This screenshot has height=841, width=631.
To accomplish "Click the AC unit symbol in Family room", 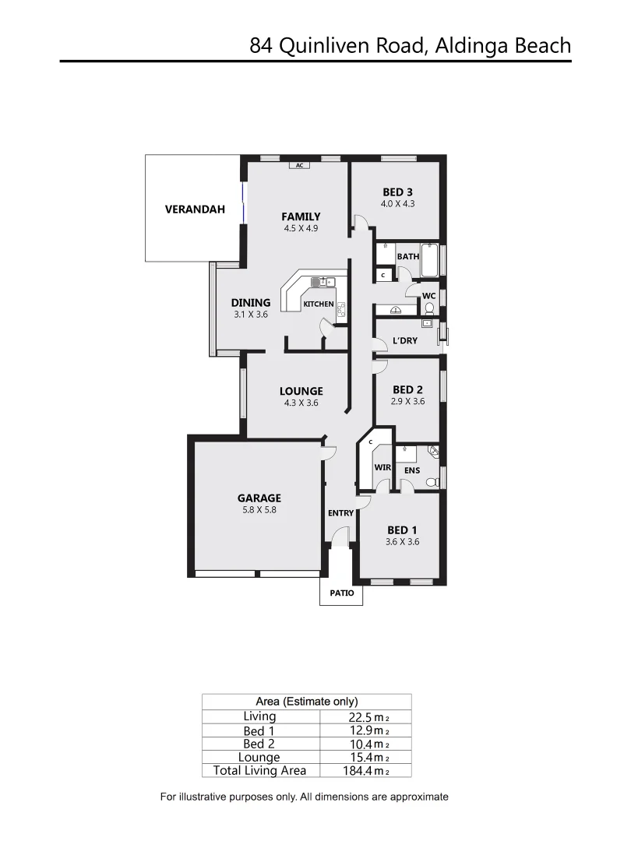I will coord(299,165).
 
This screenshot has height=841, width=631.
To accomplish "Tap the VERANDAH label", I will coord(195,209).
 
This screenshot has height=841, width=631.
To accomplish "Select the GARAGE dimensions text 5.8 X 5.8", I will coord(259,510).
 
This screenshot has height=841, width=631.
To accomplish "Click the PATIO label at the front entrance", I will coord(341,593).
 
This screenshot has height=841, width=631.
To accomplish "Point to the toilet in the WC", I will coord(429,309).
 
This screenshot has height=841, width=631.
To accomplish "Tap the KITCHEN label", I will coord(318,304).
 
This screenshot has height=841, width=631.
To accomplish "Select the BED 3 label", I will coord(397,192).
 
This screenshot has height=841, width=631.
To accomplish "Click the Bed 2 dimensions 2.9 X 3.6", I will coord(407,402).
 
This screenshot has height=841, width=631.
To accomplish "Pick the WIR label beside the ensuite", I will coord(382,468).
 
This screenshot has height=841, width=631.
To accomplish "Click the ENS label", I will coord(412,470).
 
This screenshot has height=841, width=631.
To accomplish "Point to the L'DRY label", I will coord(404,341).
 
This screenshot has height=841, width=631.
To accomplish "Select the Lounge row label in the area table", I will coord(259,757).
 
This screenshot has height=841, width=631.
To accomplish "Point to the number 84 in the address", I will coord(261,45).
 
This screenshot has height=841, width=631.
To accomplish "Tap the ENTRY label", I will coord(340,513).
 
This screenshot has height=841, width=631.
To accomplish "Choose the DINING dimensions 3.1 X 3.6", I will coord(250,315).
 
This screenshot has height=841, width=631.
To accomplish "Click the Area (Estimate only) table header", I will coord(306,701).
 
